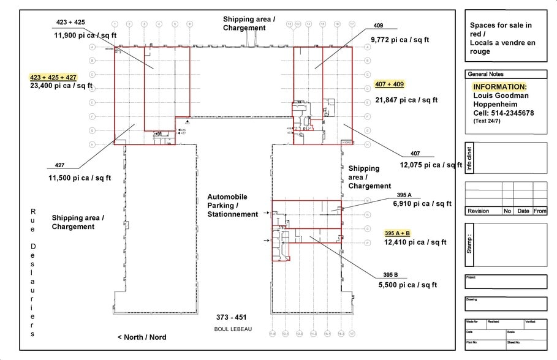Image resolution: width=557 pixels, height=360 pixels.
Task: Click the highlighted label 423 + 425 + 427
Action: pos(53,77)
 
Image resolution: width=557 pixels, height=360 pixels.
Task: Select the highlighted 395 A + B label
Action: pos(397,233)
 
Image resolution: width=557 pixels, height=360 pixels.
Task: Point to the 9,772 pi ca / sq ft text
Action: pos(400,40)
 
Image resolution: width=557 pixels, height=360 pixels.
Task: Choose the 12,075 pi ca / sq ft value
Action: pos(431,165)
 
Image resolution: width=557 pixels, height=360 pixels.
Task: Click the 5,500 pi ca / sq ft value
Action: pos(407,285)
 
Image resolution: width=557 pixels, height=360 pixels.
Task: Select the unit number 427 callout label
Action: pos(59,165)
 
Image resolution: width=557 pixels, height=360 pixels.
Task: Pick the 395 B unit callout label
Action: pos(390,274)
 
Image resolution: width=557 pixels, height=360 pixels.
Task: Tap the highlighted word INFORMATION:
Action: pos(499,87)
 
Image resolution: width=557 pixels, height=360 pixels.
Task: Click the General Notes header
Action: pos(486,74)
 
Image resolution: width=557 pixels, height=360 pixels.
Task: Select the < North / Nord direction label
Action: pos(142,337)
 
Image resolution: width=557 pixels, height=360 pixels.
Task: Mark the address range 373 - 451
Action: pos(231,317)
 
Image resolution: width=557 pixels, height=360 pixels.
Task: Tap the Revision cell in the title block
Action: pos(478,211)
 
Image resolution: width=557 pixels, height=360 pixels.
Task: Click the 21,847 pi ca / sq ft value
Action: pos(406,100)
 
